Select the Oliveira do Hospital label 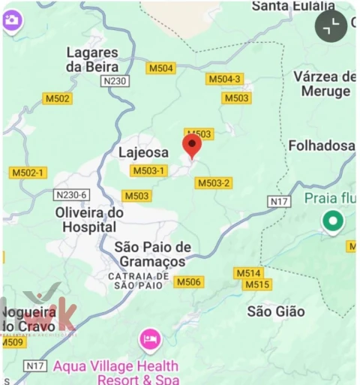pyautogui.click(x=89, y=219)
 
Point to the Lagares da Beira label pyautogui.click(x=92, y=59)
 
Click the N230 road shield pyautogui.click(x=114, y=80)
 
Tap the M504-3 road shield pyautogui.click(x=224, y=79)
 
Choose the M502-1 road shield pyautogui.click(x=28, y=173)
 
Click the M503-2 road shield pyautogui.click(x=214, y=183)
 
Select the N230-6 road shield pyautogui.click(x=72, y=195)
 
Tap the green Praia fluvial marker pyautogui.click(x=332, y=221)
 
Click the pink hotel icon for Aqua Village pyautogui.click(x=150, y=339)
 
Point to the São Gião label pyautogui.click(x=276, y=311)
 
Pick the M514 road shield pyautogui.click(x=247, y=273)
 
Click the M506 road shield pyautogui.click(x=188, y=281)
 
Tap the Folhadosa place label pyautogui.click(x=322, y=146)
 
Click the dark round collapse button pyautogui.click(x=331, y=26)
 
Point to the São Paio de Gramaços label pyautogui.click(x=153, y=254)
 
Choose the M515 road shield pyautogui.click(x=257, y=285)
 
